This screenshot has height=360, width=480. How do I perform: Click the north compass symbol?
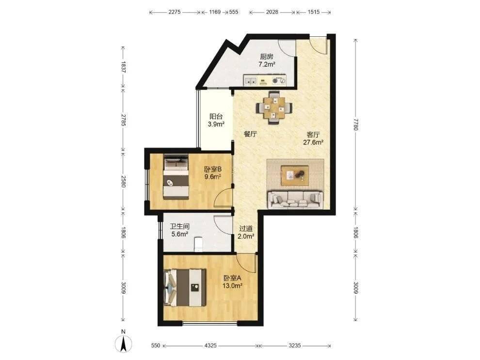click(x=123, y=344)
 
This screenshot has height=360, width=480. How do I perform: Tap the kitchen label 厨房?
click(x=266, y=57)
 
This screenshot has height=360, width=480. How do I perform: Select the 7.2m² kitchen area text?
click(x=267, y=64)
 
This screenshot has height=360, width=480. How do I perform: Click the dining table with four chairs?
click(x=274, y=108)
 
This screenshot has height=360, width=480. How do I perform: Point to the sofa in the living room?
click(x=295, y=200)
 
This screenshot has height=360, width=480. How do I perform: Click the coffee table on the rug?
click(x=295, y=175)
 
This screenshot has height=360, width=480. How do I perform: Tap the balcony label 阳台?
click(x=216, y=117)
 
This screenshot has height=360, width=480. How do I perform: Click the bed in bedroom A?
click(x=185, y=287)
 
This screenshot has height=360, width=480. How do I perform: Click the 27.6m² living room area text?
click(x=314, y=142)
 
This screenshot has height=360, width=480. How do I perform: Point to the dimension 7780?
click(x=355, y=125)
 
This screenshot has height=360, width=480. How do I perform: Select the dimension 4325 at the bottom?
click(x=210, y=345)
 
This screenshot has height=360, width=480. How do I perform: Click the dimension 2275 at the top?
click(x=175, y=12)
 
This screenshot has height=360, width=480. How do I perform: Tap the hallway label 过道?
click(x=246, y=229)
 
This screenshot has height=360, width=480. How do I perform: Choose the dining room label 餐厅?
click(x=250, y=134)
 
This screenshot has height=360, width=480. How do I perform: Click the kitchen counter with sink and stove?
click(x=265, y=80)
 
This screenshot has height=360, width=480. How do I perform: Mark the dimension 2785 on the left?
click(x=123, y=120)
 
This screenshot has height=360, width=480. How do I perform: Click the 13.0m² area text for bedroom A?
click(x=233, y=286)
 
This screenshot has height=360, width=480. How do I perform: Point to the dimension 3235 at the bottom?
click(x=295, y=345)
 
